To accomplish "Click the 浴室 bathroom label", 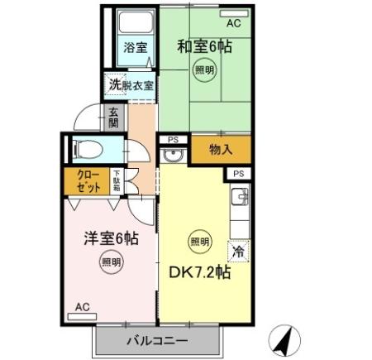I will pyautogui.click(x=136, y=47).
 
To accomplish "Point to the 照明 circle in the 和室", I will pyautogui.click(x=204, y=70).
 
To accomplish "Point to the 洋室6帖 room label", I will pyautogui.click(x=110, y=238).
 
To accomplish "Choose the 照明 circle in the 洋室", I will pyautogui.click(x=111, y=263).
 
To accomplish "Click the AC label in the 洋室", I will pyautogui.click(x=82, y=306).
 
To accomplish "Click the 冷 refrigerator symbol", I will pyautogui.click(x=237, y=249).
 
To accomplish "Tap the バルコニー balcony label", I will pyautogui.click(x=157, y=341).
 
